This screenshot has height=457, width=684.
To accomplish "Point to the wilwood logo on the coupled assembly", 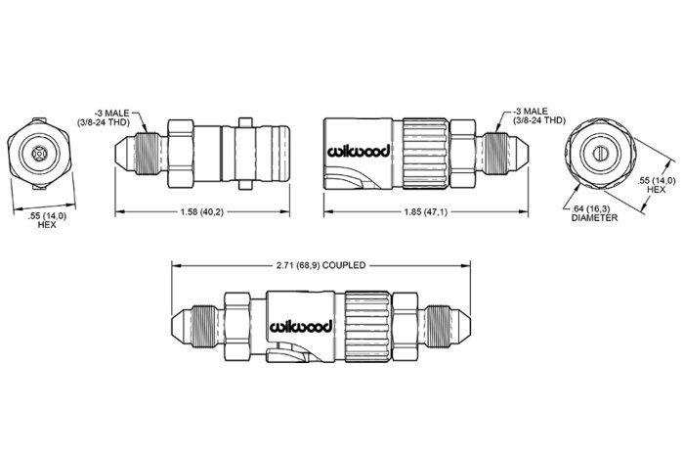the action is tap(301, 326).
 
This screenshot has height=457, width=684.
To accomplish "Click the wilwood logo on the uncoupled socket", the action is tap(359, 151).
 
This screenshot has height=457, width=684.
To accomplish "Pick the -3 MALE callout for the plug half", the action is tap(104, 117).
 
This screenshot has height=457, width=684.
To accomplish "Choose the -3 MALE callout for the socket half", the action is tap(539, 115).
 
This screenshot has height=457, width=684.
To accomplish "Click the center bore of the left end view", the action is tap(40, 154).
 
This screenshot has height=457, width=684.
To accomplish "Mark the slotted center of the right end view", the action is tap(601, 154).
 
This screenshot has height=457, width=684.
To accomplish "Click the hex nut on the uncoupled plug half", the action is tap(181, 154).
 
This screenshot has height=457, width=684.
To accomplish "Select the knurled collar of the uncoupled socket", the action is tap(425, 154).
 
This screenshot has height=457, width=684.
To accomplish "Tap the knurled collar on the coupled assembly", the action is tap(367, 327).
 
